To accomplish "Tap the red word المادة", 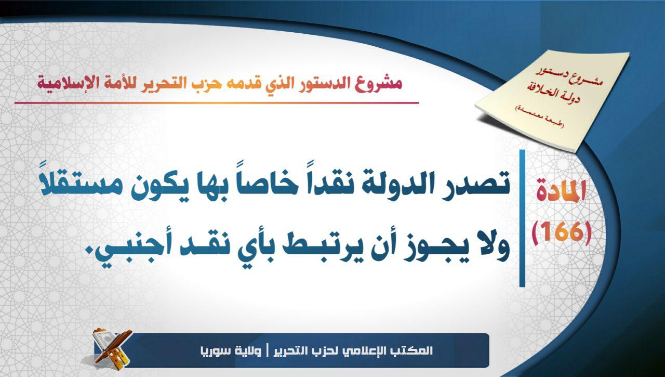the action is coord(561,191).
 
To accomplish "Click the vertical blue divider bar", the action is coord(522,218).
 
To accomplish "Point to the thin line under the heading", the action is coord(217,103).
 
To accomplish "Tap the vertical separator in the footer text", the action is coord(267,351).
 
